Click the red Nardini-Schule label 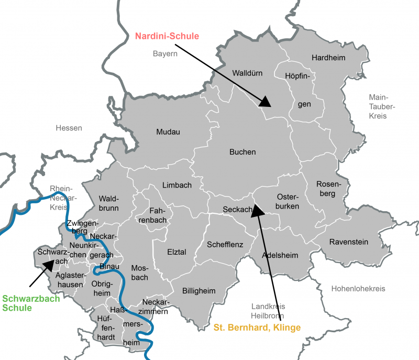click(x=167, y=36)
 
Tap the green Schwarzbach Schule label click(x=31, y=303)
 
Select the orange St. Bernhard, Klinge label click(x=257, y=328)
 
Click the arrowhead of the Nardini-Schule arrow click(x=267, y=101)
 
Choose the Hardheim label click(x=328, y=58)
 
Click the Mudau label click(x=168, y=132)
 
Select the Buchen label click(x=242, y=152)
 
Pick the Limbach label click(x=177, y=186)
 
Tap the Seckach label click(x=237, y=210)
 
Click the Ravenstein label click(x=348, y=242)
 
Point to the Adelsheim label click(x=279, y=255)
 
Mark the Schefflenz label click(x=225, y=244)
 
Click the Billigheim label click(x=199, y=291)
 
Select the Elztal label click(x=177, y=252)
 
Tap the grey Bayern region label click(x=166, y=53)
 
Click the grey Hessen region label click(x=69, y=128)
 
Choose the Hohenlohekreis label click(x=358, y=289)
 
